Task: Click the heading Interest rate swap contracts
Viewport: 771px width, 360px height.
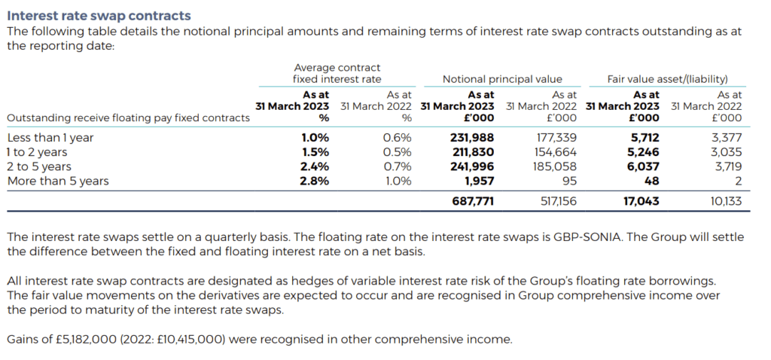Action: coord(99,15)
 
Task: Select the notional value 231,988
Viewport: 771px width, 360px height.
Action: coord(472,138)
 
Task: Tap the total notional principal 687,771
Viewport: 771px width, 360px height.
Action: coord(472,202)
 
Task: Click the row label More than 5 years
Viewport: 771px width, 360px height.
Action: coord(58,181)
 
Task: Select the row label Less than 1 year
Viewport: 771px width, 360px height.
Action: coord(50,138)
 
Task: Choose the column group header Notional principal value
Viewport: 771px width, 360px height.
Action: coord(502,79)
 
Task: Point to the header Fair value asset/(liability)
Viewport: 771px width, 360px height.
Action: coord(667,79)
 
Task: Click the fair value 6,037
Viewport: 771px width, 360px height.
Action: coord(644,166)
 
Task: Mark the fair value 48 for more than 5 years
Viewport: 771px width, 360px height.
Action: coord(652,181)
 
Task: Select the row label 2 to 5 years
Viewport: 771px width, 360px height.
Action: coord(39,166)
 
